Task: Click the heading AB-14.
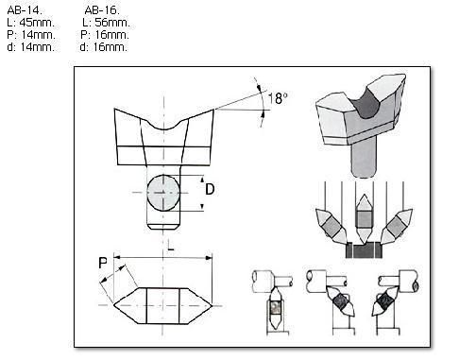coord(25,10)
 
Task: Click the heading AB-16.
coord(102,10)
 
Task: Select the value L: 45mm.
coord(31,23)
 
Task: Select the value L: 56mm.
coord(106,23)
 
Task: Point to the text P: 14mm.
coord(31,35)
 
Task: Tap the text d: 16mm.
coord(104,47)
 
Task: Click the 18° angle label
coord(278,98)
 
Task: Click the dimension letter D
coord(210,189)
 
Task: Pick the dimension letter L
coord(170,245)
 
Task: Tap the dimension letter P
coord(103,263)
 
